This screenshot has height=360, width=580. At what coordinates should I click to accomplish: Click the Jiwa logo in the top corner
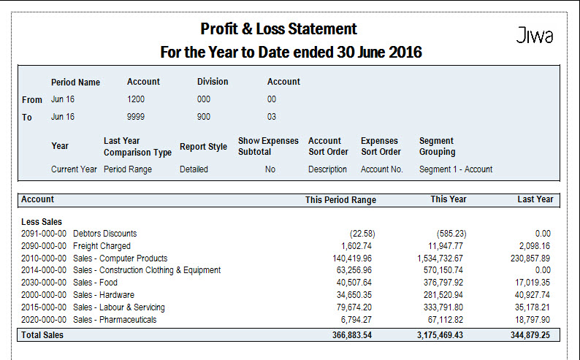(535, 35)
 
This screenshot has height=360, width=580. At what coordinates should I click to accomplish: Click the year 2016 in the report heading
(405, 52)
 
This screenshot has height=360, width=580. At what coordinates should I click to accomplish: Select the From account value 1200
(136, 99)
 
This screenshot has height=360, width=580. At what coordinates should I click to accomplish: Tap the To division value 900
(204, 117)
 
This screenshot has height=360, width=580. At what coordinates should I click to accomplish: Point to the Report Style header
(204, 147)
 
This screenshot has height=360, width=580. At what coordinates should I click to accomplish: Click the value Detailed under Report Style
(194, 169)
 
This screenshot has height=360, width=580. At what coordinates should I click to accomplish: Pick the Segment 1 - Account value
(456, 169)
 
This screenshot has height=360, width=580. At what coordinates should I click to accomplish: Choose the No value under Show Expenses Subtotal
(270, 169)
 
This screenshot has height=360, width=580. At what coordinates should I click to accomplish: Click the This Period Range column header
(340, 200)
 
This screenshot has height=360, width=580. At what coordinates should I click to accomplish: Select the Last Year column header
(535, 199)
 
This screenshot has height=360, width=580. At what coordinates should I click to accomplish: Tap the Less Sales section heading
(42, 222)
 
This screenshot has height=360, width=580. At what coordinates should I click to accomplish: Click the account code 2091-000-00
(44, 234)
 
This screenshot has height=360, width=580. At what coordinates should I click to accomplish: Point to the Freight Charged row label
(102, 246)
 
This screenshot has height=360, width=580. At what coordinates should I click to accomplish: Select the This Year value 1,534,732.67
(440, 258)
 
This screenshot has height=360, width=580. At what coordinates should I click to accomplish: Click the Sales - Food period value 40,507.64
(354, 283)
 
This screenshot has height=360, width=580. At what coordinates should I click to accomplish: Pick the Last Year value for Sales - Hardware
(533, 295)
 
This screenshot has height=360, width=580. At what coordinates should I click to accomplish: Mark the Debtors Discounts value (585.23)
(451, 234)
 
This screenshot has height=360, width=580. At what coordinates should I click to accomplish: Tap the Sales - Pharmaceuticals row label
(115, 320)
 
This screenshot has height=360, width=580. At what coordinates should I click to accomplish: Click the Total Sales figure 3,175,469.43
(440, 335)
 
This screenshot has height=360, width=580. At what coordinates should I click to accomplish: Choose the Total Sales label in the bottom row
(42, 335)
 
